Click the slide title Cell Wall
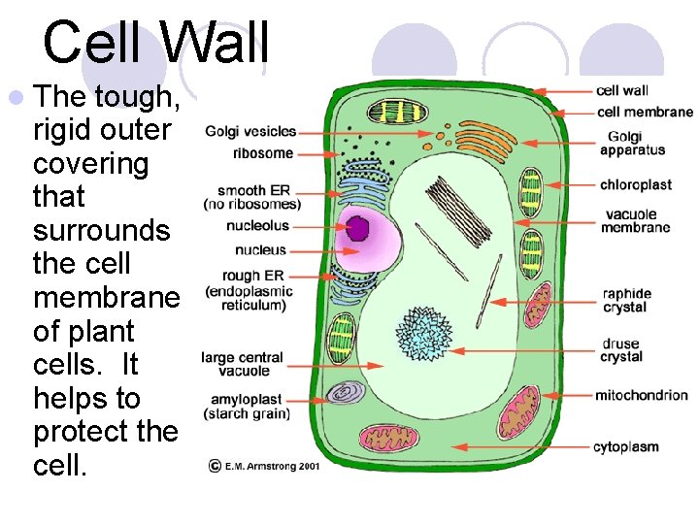155,43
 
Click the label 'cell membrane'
645,112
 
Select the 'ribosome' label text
262,153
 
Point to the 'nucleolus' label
257,226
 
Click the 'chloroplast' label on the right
635,184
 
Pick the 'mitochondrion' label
641,395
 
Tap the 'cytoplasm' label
626,447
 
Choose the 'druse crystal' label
621,349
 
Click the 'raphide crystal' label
626,301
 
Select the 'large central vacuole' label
243,364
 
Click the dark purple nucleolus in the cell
358,228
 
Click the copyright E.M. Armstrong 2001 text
264,466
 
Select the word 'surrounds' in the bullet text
101,230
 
